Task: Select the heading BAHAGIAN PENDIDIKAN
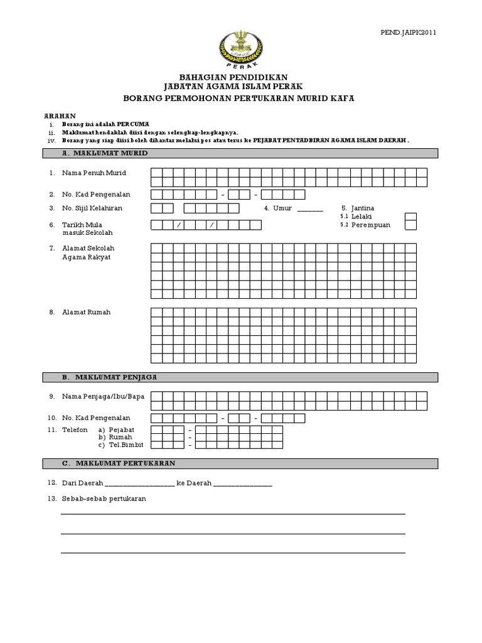point(241,76)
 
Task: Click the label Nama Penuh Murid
point(94,173)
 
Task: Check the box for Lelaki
point(410,217)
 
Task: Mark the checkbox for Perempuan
point(410,225)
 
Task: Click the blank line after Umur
point(309,210)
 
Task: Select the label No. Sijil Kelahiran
point(92,208)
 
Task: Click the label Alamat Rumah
point(86,312)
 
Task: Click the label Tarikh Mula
point(82,224)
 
